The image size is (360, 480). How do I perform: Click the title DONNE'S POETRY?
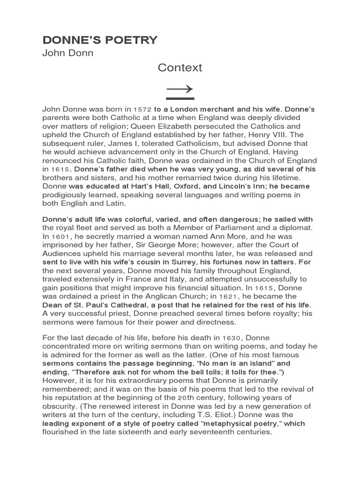tap(100, 40)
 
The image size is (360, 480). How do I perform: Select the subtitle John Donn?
tap(68, 53)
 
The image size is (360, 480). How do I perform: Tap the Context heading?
tap(180, 67)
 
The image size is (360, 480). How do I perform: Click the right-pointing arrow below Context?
tap(180, 89)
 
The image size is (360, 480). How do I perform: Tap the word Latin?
tap(114, 203)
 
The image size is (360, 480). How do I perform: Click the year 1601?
tap(60, 237)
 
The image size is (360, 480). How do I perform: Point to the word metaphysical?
tap(217, 423)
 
